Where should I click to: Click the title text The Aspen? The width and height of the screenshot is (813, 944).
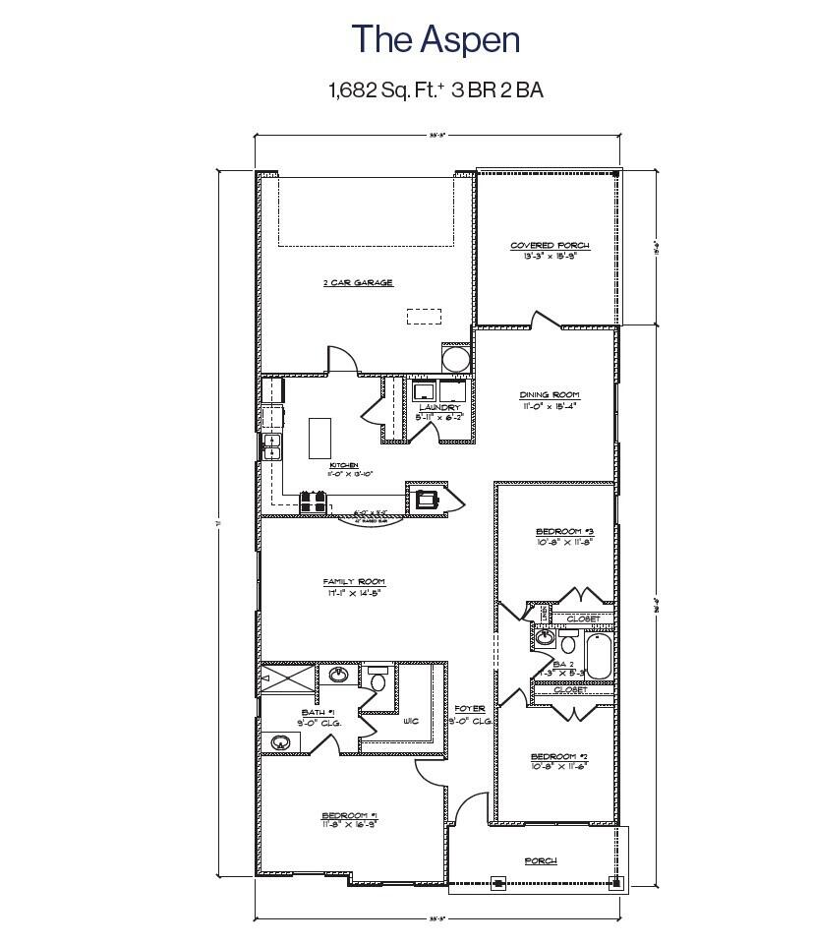[436, 39]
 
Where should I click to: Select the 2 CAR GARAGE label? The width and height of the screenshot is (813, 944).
[358, 283]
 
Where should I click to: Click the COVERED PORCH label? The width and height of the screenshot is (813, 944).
[550, 245]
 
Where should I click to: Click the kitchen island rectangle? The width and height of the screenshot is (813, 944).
[320, 438]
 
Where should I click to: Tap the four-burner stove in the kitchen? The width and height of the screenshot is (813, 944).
[313, 501]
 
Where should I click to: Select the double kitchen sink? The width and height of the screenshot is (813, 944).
[271, 446]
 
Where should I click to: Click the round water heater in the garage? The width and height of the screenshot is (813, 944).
[456, 359]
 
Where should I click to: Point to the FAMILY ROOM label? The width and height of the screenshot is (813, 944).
[354, 581]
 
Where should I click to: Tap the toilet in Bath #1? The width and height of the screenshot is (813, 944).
[377, 679]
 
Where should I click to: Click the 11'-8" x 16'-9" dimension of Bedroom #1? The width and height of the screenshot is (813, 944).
[350, 824]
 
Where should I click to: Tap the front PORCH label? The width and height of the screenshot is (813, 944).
[540, 860]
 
